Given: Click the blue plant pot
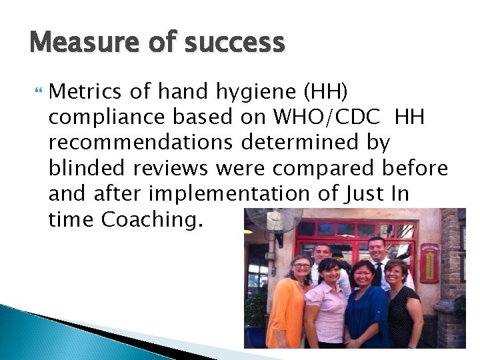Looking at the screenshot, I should pyautogui.click(x=255, y=337).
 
